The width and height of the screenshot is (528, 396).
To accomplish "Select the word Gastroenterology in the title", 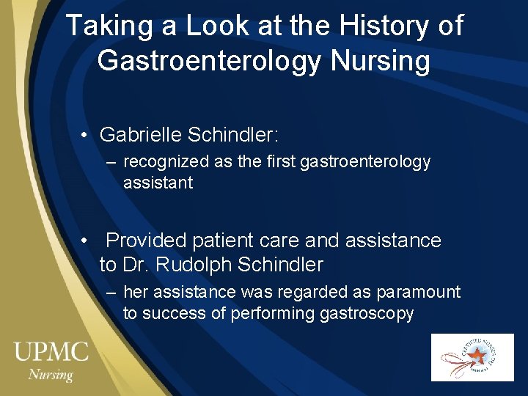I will pyautogui.click(x=209, y=61).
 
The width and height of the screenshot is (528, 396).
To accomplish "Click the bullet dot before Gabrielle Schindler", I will pyautogui.click(x=86, y=136).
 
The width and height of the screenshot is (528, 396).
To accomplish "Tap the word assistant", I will pyautogui.click(x=158, y=183).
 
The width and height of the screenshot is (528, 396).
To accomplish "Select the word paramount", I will pyautogui.click(x=418, y=292).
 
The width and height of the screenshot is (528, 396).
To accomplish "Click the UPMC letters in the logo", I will pyautogui.click(x=51, y=351).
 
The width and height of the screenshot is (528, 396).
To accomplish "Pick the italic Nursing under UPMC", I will pyautogui.click(x=51, y=374).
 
